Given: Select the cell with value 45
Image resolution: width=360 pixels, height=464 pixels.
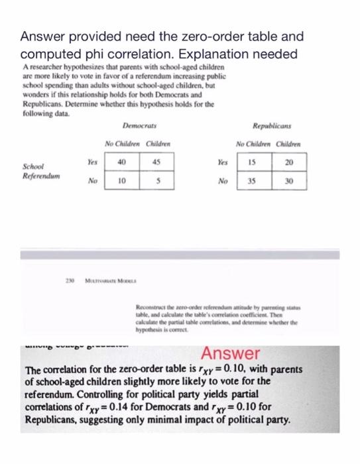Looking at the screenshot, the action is point(154,162).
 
